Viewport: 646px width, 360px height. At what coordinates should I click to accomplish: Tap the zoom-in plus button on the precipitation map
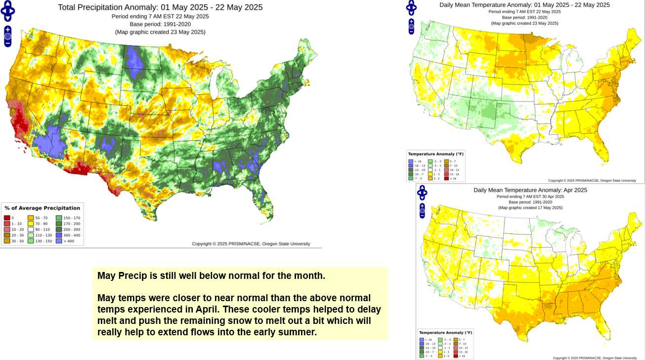pyautogui.click(x=8, y=30)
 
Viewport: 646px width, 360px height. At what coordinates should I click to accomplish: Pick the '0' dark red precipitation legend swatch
pyautogui.click(x=7, y=218)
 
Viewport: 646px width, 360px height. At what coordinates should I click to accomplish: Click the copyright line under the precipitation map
pyautogui.click(x=251, y=244)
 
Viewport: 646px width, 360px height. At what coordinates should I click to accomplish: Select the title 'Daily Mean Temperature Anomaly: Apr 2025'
pyautogui.click(x=530, y=190)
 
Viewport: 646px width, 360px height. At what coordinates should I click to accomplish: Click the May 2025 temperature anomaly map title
pyautogui.click(x=524, y=5)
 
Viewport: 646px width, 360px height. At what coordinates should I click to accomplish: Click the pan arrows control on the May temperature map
pyautogui.click(x=411, y=7)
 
